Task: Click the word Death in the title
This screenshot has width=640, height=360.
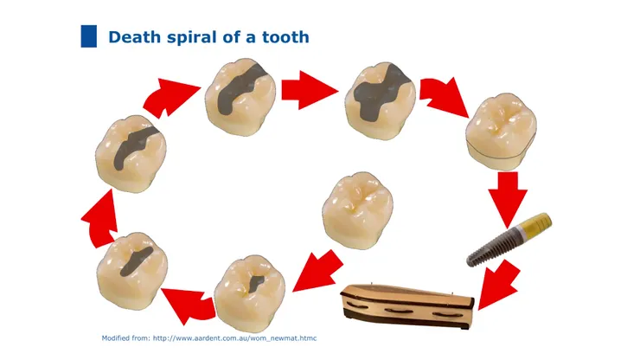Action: point(134,37)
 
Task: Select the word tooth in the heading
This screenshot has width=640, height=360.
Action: point(285,37)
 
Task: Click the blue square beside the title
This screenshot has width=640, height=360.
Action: point(89,36)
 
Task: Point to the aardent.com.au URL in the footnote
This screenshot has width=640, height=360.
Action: point(234,338)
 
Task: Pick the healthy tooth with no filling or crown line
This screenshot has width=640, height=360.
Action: point(357,210)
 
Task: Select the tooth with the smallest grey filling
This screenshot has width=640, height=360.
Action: point(249,294)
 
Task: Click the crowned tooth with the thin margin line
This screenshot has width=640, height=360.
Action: point(502,132)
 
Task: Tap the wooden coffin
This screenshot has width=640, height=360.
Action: point(407,306)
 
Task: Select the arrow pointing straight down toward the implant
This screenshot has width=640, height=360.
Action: point(508,199)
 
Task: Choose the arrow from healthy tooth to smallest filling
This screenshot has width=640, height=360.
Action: point(318,271)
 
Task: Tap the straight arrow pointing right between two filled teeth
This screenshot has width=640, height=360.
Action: point(310,90)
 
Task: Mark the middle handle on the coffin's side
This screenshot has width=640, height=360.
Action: point(399,312)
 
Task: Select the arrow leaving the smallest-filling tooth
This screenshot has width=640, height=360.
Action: point(188,305)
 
